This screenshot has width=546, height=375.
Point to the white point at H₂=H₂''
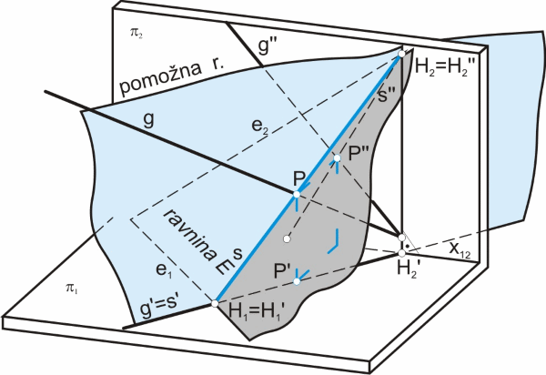(401, 56)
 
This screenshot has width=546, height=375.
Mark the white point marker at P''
(336, 158)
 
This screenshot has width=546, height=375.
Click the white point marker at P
(296, 193)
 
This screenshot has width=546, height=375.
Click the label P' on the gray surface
(285, 271)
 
